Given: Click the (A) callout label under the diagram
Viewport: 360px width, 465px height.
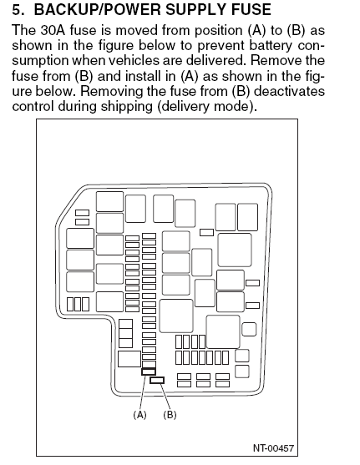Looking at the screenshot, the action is [139, 415].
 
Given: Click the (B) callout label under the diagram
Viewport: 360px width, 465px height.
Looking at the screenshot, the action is [170, 415].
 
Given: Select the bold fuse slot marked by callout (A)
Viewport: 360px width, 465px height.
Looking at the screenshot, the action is [149, 371].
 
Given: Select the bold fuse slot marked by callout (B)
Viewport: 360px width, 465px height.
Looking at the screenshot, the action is [157, 380].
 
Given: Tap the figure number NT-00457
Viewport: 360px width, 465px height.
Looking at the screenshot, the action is [273, 448].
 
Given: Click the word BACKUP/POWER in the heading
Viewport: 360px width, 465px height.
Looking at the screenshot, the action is [98, 9].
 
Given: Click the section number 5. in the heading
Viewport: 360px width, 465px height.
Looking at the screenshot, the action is [18, 9].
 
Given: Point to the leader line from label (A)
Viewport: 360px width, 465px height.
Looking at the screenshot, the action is [143, 392].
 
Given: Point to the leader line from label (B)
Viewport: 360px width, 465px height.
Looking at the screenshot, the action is [165, 397].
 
